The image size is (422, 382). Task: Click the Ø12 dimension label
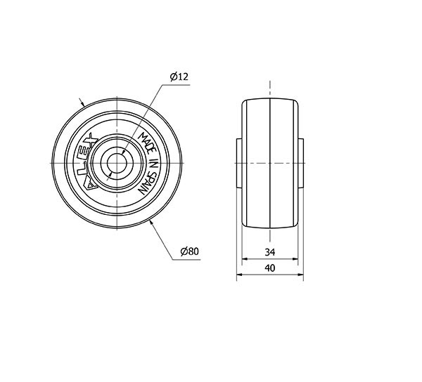pyautogui.click(x=179, y=77)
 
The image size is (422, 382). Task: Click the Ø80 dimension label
pyautogui.click(x=189, y=251)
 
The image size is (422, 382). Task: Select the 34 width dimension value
pyautogui.click(x=270, y=252)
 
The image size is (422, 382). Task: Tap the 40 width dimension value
pyautogui.click(x=270, y=268)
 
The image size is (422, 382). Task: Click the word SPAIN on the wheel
pyautogui.click(x=147, y=183)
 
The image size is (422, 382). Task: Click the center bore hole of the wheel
pyautogui.click(x=117, y=163)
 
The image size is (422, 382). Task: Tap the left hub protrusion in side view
pyautogui.click(x=239, y=163)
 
